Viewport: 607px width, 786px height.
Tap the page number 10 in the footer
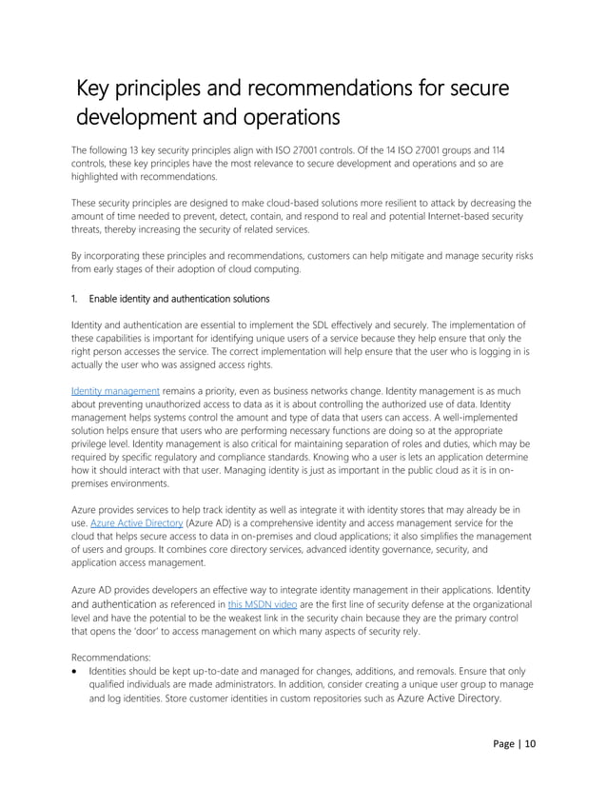pyautogui.click(x=530, y=743)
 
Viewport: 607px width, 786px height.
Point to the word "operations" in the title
pyautogui.click(x=284, y=120)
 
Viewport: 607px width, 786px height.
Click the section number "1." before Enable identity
pyautogui.click(x=76, y=299)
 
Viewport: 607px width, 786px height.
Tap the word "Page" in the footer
pyautogui.click(x=505, y=743)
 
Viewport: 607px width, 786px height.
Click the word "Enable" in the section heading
pyautogui.click(x=108, y=299)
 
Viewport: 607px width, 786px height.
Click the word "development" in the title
pyautogui.click(x=136, y=120)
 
